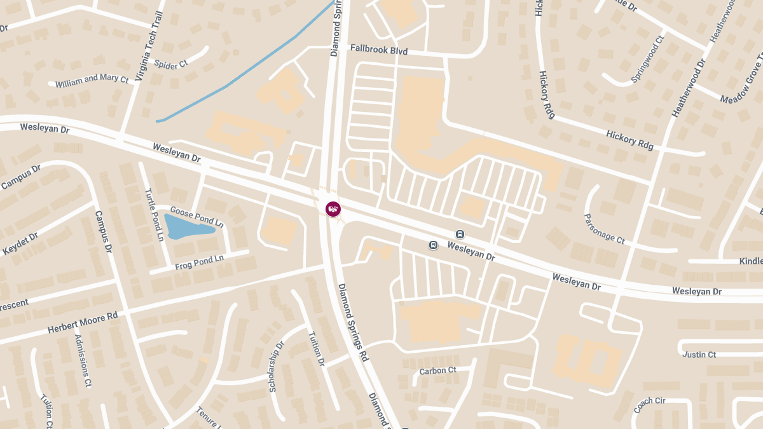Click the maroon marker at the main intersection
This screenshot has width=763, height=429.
pos(333,208)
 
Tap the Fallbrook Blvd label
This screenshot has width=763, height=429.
pos(379,49)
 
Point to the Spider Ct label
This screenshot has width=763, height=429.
pos(171,64)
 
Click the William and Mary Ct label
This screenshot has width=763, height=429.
pos(92,81)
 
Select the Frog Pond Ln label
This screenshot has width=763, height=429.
pos(200,262)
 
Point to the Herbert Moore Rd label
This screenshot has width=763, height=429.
pos(83,323)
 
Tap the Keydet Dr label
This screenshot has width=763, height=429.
pos(20,243)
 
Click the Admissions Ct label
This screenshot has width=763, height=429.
pos(83,361)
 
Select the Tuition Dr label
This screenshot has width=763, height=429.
pos(317,349)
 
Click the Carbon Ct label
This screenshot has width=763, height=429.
pos(437,371)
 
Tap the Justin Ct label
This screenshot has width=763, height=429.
pos(698,355)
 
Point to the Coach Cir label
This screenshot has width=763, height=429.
pos(649,405)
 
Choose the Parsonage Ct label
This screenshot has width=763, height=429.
pos(605,229)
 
